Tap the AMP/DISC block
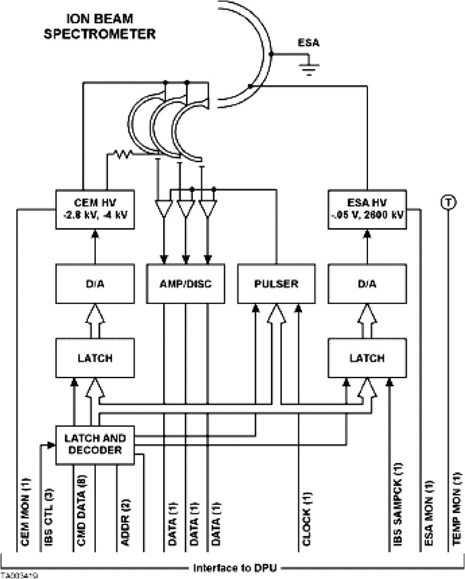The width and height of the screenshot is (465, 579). pyautogui.click(x=186, y=283)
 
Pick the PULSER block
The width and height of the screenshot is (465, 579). pyautogui.click(x=276, y=283)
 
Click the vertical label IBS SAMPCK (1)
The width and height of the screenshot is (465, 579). pyautogui.click(x=399, y=505)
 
